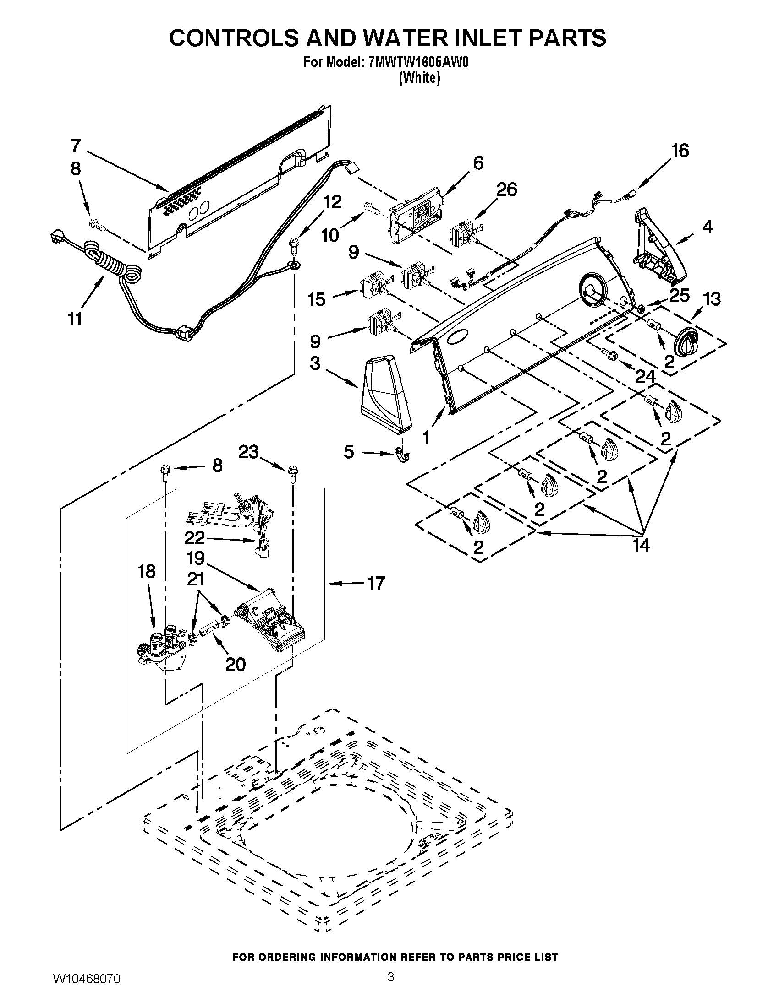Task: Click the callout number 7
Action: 76,146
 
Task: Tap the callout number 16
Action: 679,151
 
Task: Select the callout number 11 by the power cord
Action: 75,319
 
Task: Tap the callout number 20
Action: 235,664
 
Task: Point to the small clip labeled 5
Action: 403,456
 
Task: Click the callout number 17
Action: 376,583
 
